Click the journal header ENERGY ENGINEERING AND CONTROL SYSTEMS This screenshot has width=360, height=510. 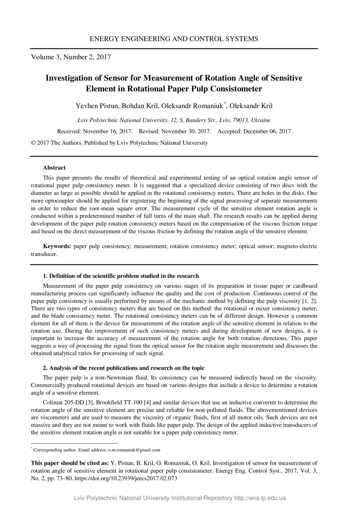click(x=174, y=39)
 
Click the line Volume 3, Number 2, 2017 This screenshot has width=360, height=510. click(x=71, y=57)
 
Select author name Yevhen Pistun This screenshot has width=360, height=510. click(x=97, y=106)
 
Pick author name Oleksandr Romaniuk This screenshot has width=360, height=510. click(x=193, y=106)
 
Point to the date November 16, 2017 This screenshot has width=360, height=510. click(x=108, y=132)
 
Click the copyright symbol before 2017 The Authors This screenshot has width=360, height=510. click(x=33, y=143)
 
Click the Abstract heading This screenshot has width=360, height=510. click(x=54, y=168)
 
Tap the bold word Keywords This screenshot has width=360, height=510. click(x=57, y=246)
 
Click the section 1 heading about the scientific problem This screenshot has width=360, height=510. click(x=121, y=276)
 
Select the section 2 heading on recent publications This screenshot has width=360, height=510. click(x=124, y=368)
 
